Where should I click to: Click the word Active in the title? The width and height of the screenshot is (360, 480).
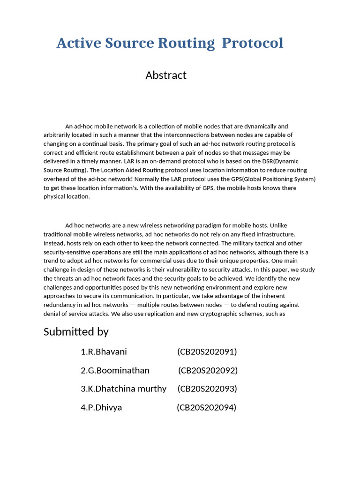click(77, 43)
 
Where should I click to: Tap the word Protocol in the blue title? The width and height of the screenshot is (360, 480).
click(252, 43)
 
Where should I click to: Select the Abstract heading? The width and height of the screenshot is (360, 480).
click(166, 75)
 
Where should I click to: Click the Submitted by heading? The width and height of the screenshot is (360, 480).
click(76, 332)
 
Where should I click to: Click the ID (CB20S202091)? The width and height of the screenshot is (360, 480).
click(207, 352)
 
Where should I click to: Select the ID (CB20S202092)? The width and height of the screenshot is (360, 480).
click(208, 370)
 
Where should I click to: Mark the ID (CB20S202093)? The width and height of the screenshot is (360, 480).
click(208, 389)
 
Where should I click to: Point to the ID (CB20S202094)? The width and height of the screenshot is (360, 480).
click(207, 407)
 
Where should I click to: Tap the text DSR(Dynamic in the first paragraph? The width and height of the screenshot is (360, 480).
click(282, 161)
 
